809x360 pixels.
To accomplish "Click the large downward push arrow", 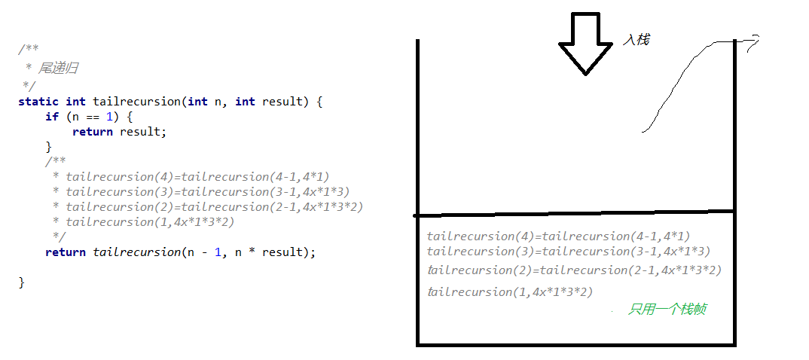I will coord(585,44).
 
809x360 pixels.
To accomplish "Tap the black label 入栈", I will coord(636,40).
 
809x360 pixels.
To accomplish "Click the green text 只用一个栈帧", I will coord(667,309).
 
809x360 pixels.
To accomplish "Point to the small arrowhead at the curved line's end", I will coord(753,42).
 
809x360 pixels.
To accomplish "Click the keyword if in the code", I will coord(51,116).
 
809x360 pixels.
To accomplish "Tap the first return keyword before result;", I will coord(93,131).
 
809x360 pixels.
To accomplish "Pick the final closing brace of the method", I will coord(22,282).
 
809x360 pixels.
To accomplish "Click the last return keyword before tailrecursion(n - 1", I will coord(66,252).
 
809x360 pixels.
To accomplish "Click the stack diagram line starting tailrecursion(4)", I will coord(558,236).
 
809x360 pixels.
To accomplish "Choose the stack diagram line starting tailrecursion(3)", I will coord(568,252).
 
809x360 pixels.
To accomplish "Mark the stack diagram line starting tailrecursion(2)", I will coord(574,270).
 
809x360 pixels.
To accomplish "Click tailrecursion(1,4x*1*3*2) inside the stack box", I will coord(510,291).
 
